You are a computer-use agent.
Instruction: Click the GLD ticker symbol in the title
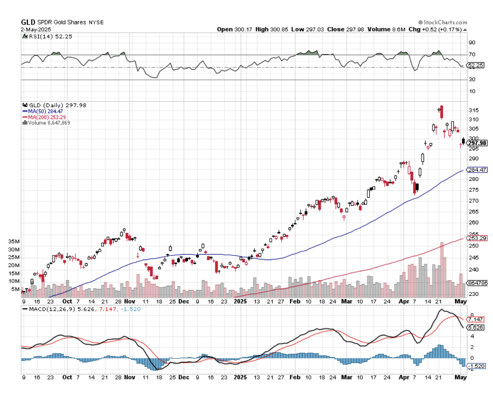(28, 22)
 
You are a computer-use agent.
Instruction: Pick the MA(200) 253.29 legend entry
(45, 117)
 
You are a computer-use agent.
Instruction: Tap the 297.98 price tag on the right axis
(477, 143)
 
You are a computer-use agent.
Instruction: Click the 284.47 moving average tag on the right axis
(477, 170)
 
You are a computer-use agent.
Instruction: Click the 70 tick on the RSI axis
(472, 55)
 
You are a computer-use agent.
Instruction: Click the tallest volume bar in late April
(442, 269)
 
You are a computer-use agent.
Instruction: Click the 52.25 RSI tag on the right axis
(476, 65)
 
